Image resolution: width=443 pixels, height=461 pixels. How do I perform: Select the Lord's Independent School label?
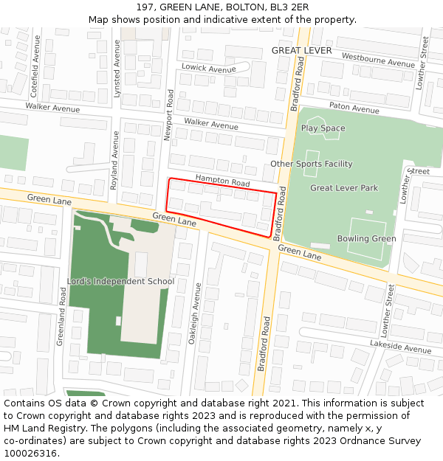[x=121, y=281]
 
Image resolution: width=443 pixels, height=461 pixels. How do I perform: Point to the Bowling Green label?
[x=366, y=238]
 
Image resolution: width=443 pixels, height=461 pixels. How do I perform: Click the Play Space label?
[x=323, y=128]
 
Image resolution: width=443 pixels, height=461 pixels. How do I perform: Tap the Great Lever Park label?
[x=343, y=188]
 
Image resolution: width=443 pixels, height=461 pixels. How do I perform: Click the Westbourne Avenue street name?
[x=378, y=60]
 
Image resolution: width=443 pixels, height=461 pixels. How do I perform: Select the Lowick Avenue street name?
[x=209, y=69]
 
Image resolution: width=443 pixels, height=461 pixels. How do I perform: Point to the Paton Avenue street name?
[x=354, y=108]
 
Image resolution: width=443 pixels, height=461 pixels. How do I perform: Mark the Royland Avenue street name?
[x=114, y=161]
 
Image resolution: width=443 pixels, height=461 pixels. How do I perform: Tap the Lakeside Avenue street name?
[x=400, y=347]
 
